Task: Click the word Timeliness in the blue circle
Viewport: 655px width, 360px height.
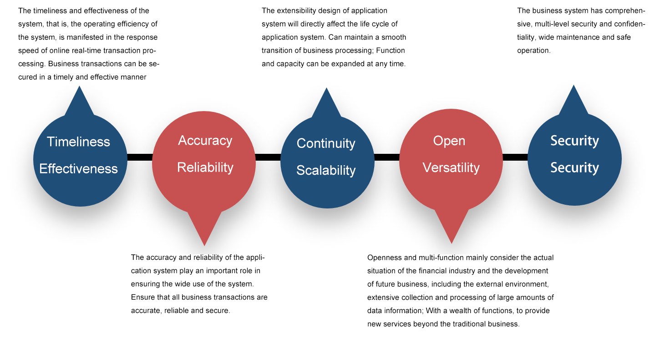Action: pos(78,142)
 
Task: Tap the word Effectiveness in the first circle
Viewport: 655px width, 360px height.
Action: pos(78,169)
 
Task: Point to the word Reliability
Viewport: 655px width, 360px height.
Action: pos(205,167)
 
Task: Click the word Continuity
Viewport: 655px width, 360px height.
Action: pos(326,144)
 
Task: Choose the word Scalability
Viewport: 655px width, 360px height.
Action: pos(326,170)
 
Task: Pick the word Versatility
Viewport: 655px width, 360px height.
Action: pos(451,167)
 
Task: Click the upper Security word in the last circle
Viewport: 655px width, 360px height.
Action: pos(574,141)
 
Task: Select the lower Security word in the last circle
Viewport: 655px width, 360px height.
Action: pos(574,168)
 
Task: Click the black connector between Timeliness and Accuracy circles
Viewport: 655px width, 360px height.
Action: pos(140,157)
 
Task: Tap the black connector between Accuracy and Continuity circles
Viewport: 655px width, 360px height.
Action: pos(268,157)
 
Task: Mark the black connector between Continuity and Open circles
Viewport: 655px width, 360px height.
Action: pos(387,157)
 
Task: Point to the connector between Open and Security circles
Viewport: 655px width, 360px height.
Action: pos(515,157)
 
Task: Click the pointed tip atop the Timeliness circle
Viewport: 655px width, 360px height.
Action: pos(79,86)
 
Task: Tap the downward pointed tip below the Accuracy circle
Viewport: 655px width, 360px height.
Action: pos(204,245)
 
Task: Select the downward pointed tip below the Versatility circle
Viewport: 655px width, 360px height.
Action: pos(452,243)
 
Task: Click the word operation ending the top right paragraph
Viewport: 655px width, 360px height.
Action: pos(533,51)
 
